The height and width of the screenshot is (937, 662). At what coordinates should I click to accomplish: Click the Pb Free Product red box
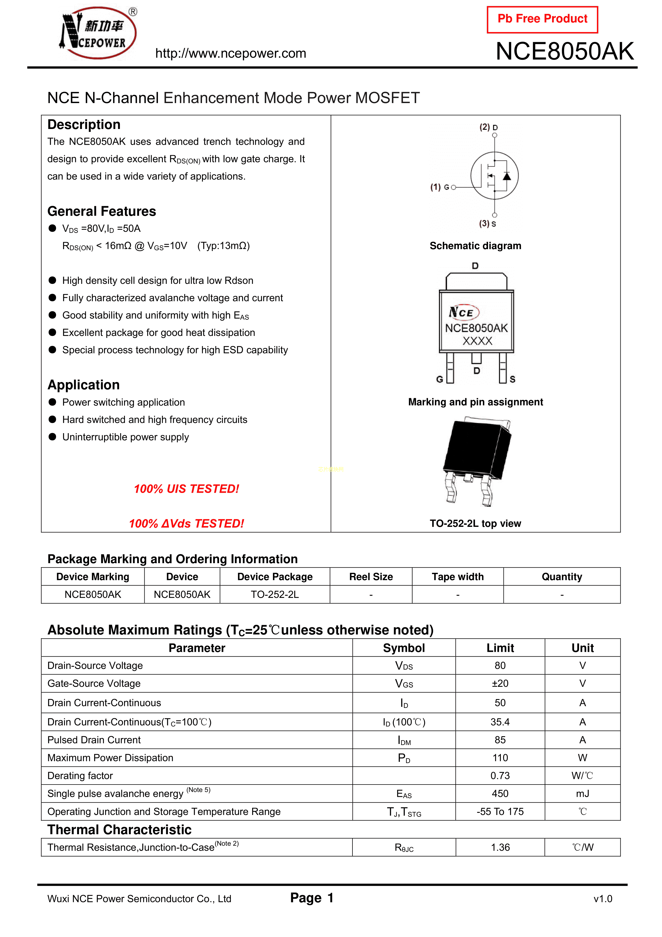(x=542, y=19)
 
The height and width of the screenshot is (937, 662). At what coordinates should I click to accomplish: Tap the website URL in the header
(x=231, y=53)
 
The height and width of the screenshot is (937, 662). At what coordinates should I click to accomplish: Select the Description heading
(x=84, y=124)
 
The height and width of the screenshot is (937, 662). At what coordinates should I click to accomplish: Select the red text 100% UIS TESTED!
(x=187, y=489)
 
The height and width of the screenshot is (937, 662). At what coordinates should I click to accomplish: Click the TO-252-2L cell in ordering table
(x=275, y=595)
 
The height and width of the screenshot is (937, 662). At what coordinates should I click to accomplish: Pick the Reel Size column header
(x=371, y=577)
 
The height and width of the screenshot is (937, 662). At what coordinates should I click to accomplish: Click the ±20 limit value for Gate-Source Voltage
(x=500, y=684)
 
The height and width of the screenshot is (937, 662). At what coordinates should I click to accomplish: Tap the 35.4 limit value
(x=500, y=722)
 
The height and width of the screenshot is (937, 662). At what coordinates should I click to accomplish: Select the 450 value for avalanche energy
(x=500, y=794)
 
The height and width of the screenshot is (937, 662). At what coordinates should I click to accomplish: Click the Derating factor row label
(x=80, y=776)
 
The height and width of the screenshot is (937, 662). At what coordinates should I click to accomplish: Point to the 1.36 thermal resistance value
(x=500, y=848)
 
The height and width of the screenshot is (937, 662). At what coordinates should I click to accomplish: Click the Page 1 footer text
(x=312, y=898)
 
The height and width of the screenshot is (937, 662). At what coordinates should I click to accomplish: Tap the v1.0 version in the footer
(x=603, y=899)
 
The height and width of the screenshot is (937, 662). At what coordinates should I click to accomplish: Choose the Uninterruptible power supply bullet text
(x=126, y=437)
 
